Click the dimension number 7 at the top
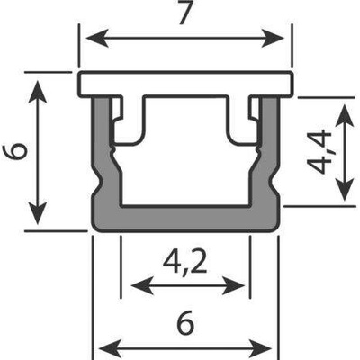point(185,13)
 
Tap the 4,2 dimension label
point(185,262)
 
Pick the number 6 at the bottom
point(185,324)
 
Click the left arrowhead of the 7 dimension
point(97,39)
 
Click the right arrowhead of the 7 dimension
point(273,39)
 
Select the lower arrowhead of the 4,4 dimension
point(344,190)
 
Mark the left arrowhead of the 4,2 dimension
point(142,285)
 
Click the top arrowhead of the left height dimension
point(37,91)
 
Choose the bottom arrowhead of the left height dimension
point(37,213)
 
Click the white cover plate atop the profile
point(185,85)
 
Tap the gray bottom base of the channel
point(185,219)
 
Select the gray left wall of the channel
point(103,156)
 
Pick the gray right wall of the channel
point(268,156)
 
